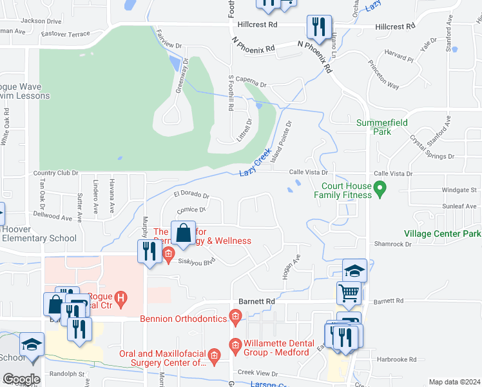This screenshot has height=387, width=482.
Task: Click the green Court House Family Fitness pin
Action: [380, 189]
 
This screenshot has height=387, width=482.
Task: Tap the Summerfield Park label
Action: [374, 126]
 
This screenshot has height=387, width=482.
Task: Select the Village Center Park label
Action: [442, 233]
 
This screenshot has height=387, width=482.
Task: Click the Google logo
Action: [21, 379]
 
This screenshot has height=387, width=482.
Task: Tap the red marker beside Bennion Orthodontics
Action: [236, 317]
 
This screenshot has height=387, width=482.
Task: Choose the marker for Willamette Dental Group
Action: [236, 345]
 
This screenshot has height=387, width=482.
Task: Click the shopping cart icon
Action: [349, 293]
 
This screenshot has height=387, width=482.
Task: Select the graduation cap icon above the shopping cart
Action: [354, 270]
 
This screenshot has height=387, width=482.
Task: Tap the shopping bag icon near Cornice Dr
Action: [184, 232]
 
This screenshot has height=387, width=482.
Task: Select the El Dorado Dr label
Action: [191, 195]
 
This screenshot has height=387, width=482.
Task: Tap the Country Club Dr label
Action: [55, 173]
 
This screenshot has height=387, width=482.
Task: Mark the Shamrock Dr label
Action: [392, 244]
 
